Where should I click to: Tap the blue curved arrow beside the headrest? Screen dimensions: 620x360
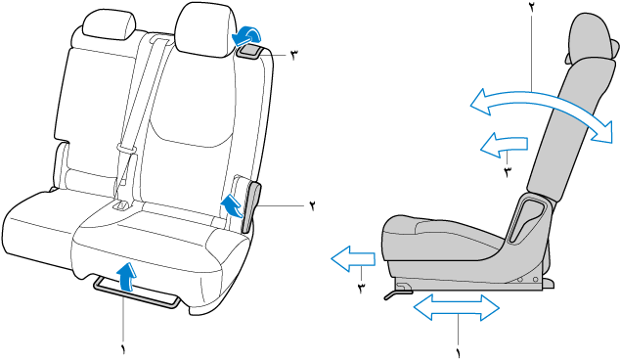coord(245,35)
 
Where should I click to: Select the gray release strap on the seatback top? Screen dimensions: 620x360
coord(250,52)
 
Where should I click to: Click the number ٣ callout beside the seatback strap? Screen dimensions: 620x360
coord(293,55)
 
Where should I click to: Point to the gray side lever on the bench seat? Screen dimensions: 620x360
coord(252,207)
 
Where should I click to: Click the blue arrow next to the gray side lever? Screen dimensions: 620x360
coord(232,205)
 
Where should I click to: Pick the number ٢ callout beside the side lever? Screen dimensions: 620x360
coord(312,205)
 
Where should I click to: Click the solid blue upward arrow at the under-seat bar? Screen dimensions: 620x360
coord(126,277)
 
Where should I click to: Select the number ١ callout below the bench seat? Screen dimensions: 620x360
coord(123,348)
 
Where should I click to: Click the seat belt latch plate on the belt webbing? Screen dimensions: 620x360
coord(126,150)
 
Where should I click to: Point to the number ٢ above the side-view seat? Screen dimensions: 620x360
coord(532,8)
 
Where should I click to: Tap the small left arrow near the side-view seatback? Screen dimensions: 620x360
coord(504,145)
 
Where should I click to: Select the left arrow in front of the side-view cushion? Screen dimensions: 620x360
coord(353,258)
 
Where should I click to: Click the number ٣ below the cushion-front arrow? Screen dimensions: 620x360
coord(362,288)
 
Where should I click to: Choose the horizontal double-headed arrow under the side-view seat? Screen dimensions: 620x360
coord(457,308)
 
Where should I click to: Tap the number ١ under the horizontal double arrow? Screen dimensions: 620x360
coord(459,353)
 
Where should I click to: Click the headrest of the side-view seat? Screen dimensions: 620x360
coord(593,38)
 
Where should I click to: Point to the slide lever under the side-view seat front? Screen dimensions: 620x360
coord(397,293)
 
